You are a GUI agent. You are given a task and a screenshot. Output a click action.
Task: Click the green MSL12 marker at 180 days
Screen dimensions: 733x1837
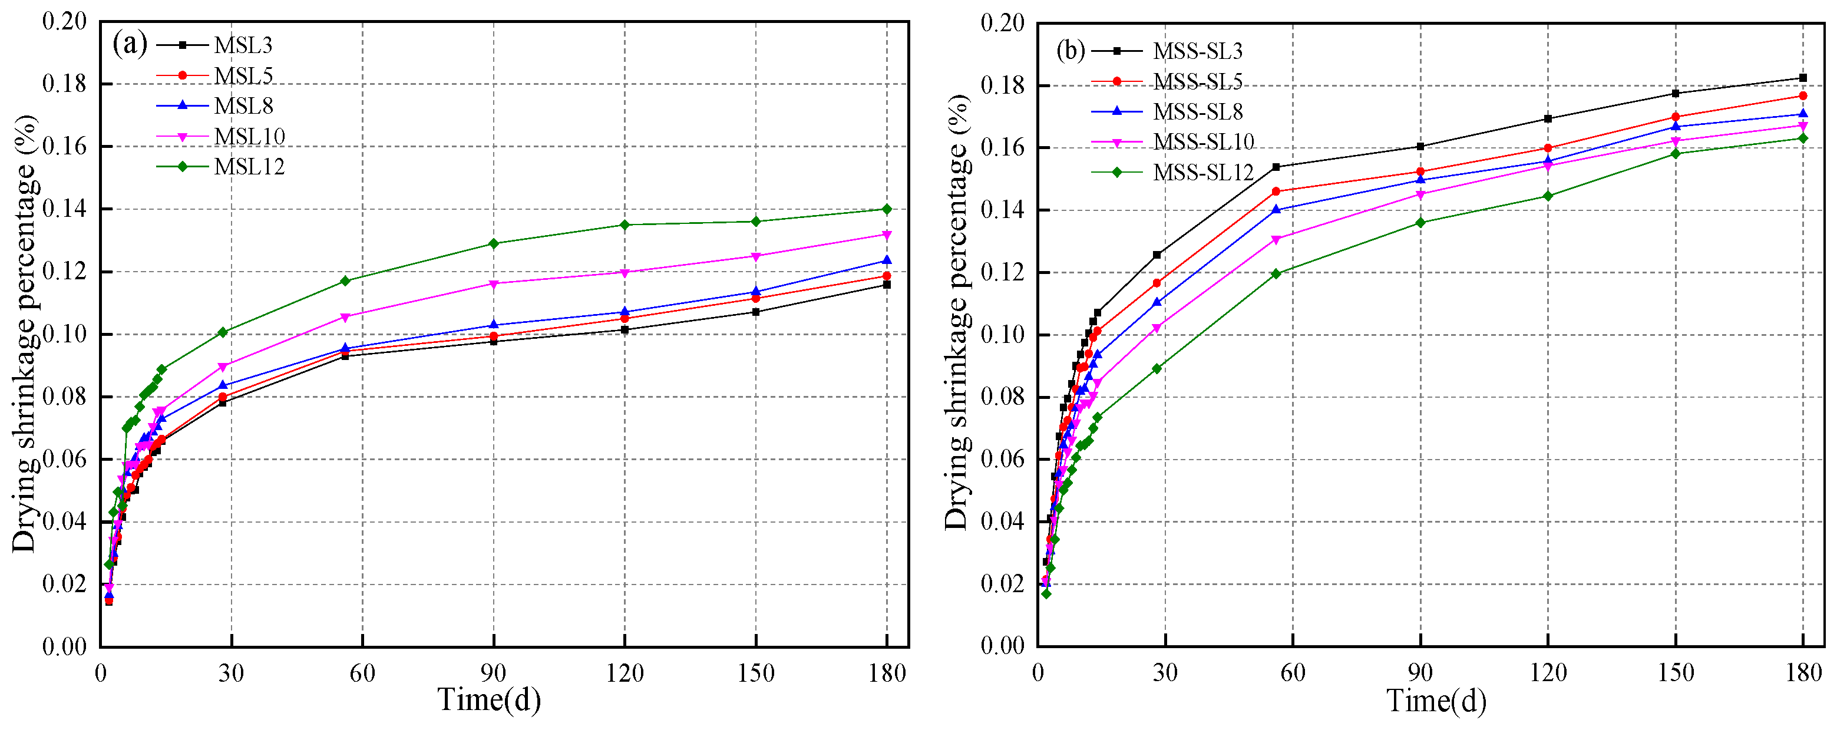pyautogui.click(x=887, y=209)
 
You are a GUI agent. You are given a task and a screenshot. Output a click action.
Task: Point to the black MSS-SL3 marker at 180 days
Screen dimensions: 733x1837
pyautogui.click(x=1803, y=78)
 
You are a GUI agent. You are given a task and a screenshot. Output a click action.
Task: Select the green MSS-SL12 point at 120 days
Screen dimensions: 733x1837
pyautogui.click(x=1548, y=196)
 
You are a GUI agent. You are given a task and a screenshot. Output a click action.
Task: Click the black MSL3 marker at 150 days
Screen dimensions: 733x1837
pyautogui.click(x=756, y=312)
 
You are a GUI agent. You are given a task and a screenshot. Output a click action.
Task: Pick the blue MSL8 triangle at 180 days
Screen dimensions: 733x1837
pyautogui.click(x=887, y=260)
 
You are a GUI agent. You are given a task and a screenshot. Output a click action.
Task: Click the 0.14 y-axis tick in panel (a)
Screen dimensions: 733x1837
pyautogui.click(x=64, y=209)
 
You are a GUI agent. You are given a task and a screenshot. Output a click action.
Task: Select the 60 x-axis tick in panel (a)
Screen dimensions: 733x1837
pyautogui.click(x=362, y=673)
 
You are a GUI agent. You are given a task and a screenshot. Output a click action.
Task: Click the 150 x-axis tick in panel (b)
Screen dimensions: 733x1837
pyautogui.click(x=1675, y=673)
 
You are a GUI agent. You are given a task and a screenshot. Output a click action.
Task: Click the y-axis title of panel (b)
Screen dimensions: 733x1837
pyautogui.click(x=958, y=313)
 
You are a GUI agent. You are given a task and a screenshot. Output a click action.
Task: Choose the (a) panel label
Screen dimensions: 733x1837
pyautogui.click(x=130, y=44)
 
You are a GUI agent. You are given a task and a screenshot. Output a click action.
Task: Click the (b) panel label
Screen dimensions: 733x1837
pyautogui.click(x=1071, y=50)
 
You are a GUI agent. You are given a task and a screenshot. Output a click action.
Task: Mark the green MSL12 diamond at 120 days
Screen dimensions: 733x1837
pyautogui.click(x=625, y=224)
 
